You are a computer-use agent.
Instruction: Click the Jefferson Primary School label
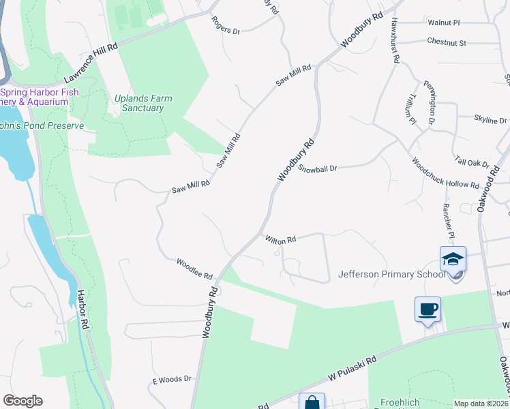pyautogui.click(x=391, y=275)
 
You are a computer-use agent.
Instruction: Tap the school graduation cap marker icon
pyautogui.click(x=453, y=260)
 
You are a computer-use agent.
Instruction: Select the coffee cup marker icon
pyautogui.click(x=427, y=309)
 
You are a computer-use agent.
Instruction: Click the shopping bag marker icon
pyautogui.click(x=312, y=402)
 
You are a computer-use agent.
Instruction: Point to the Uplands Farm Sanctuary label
pyautogui.click(x=143, y=103)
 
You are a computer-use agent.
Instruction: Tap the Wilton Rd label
pyautogui.click(x=280, y=239)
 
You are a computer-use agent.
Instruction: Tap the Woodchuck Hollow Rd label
pyautogui.click(x=445, y=174)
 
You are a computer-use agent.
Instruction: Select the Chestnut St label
pyautogui.click(x=446, y=42)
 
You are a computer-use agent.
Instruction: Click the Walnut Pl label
pyautogui.click(x=444, y=22)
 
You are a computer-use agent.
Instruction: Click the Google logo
pyautogui.click(x=22, y=400)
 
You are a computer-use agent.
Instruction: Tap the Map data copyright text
pyautogui.click(x=481, y=404)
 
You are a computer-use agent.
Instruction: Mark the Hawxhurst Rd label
pyautogui.click(x=394, y=40)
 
